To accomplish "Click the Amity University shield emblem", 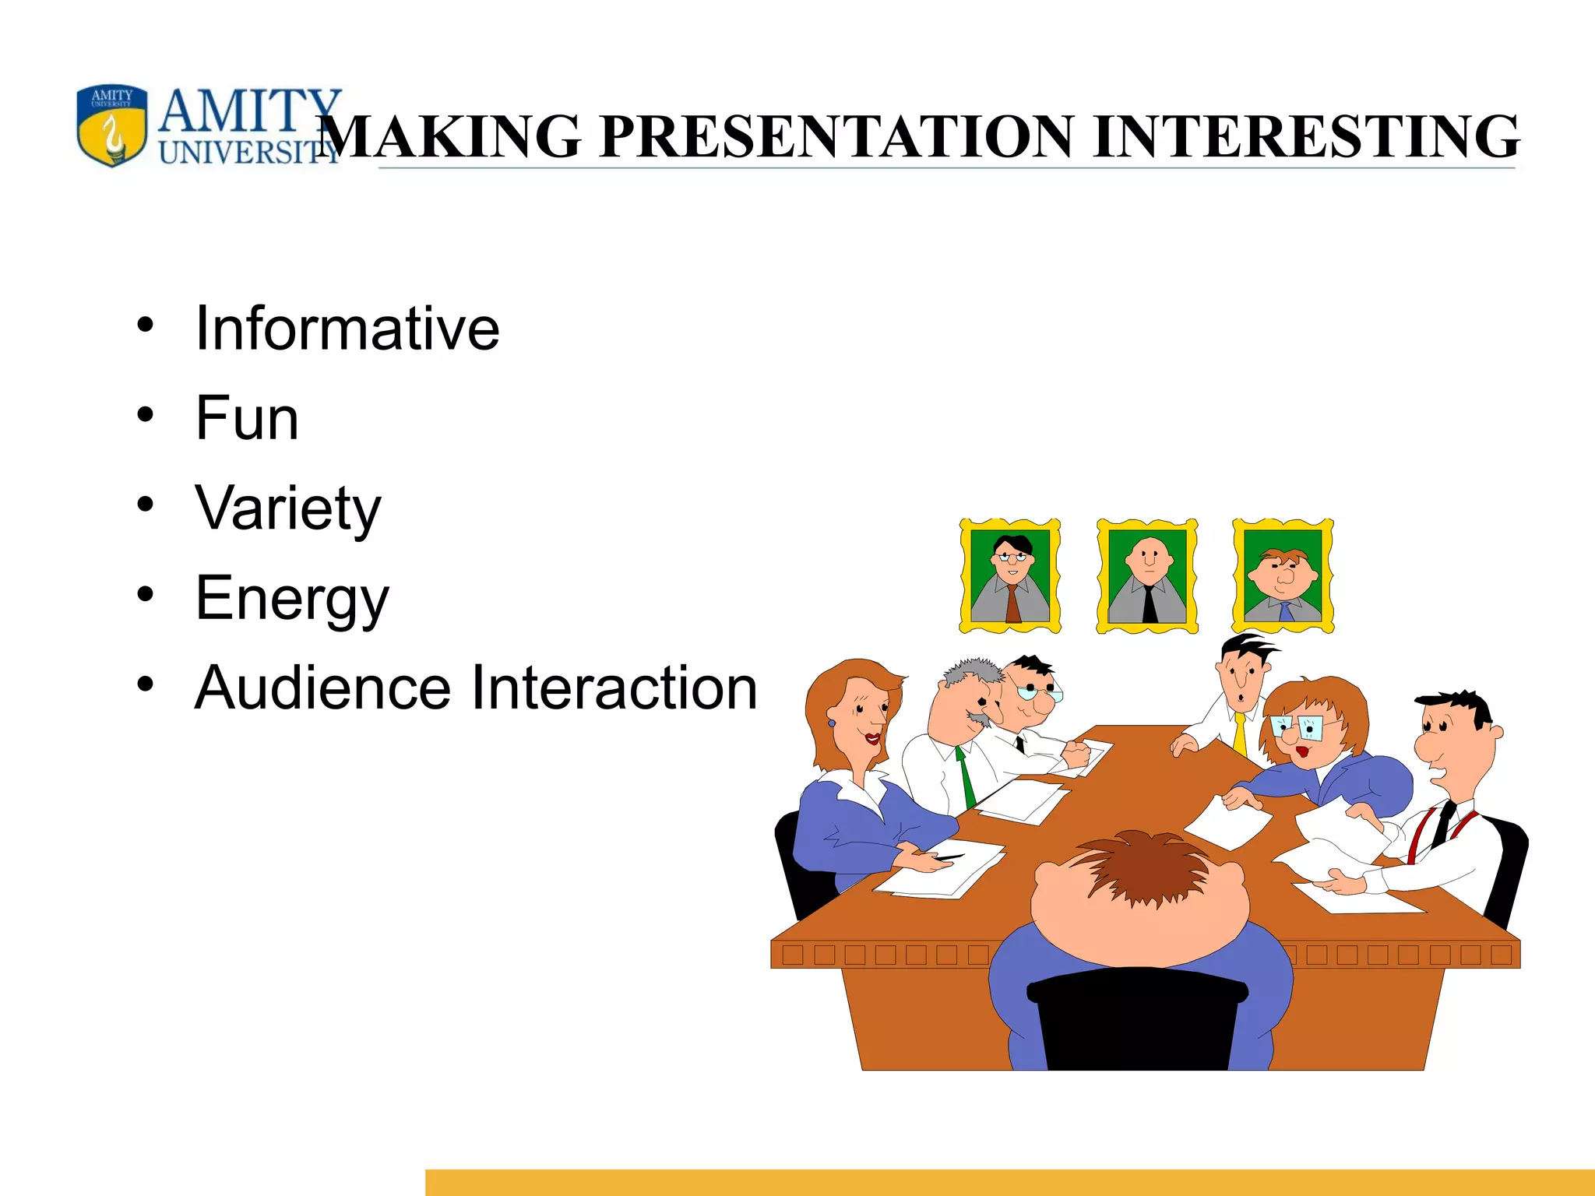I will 111,125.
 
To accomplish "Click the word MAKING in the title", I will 450,136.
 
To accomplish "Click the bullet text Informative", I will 347,329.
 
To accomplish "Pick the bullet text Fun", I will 247,418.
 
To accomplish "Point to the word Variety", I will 288,508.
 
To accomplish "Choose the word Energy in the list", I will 291,598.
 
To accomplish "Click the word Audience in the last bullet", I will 322,688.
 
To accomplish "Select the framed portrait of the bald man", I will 1147,576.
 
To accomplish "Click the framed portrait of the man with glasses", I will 1010,576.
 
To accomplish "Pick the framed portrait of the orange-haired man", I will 1283,576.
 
